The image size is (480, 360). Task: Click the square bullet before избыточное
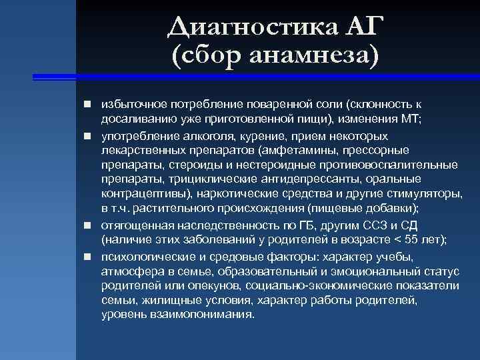[x=87, y=105]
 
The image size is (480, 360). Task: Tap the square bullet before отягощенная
[x=87, y=225]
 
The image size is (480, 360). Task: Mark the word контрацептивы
[x=145, y=194]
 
